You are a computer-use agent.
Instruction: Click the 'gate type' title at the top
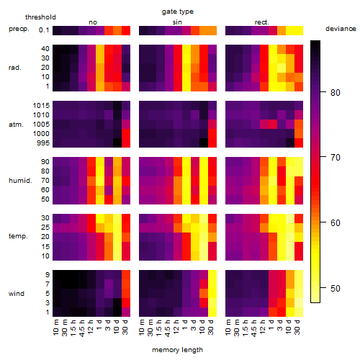[x=178, y=12]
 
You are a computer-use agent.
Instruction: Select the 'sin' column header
[x=177, y=22]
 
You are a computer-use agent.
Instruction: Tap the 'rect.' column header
[x=261, y=22]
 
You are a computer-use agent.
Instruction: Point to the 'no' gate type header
[x=93, y=22]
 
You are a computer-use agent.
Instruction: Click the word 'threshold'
[x=40, y=17]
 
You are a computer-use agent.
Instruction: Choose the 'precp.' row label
[x=19, y=29]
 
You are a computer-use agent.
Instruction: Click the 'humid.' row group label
[x=20, y=181]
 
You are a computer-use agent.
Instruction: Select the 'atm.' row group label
[x=16, y=125]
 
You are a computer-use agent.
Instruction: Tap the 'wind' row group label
[x=17, y=294]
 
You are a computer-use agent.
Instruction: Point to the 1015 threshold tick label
[x=41, y=106]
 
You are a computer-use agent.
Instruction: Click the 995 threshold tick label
[x=43, y=143]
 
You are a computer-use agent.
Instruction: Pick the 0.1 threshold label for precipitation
[x=44, y=30]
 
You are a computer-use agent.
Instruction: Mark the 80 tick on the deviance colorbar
[x=336, y=92]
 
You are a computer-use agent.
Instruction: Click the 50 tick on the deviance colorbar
[x=336, y=288]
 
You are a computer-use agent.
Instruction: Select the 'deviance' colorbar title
[x=341, y=29]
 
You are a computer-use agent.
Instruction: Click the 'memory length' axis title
[x=178, y=350]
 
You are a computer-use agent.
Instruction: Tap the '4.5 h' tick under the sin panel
[x=168, y=328]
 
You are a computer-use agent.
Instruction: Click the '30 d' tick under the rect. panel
[x=297, y=327]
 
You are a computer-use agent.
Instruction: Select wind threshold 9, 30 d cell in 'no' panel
[x=126, y=274]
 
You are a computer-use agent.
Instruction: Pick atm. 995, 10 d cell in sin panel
[x=204, y=143]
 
